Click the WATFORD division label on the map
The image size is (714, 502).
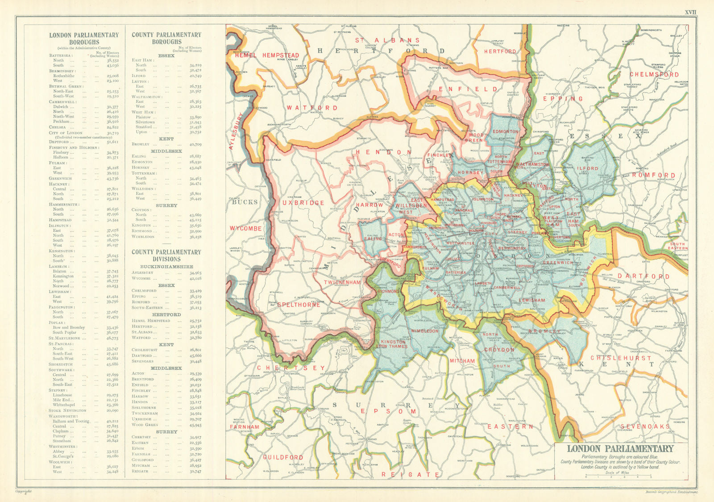312,108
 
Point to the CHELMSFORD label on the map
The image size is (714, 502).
654,75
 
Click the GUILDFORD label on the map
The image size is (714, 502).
283,457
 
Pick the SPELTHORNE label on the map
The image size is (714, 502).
299,305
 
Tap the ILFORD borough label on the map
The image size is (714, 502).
588,168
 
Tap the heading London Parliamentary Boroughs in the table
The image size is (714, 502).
84,38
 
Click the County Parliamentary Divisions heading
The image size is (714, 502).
166,255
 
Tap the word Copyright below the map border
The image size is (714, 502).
24,492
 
